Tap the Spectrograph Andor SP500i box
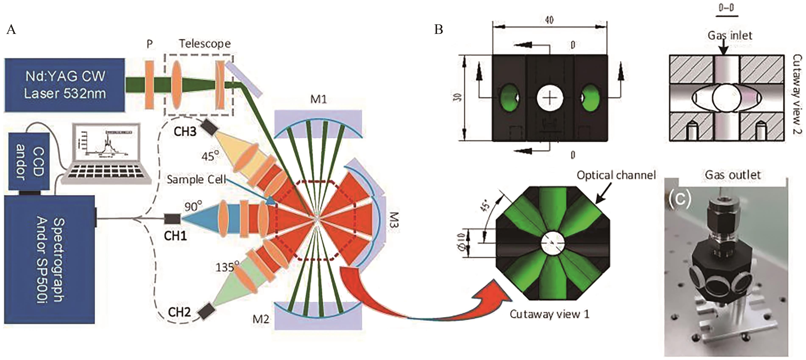(x=49, y=259)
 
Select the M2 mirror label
(x=261, y=319)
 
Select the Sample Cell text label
(x=196, y=179)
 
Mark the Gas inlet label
(x=730, y=35)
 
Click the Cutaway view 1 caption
(x=549, y=314)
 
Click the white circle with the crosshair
(x=550, y=98)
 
